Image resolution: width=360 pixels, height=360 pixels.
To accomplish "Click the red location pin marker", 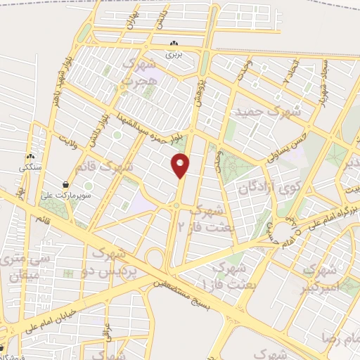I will (181, 165).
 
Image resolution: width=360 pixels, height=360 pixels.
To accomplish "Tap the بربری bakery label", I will (173, 53).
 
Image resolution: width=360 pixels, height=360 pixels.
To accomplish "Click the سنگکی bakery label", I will (30, 169).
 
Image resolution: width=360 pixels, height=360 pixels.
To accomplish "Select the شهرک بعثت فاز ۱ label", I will (221, 276).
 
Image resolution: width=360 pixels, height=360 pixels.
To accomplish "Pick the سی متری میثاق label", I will (19, 267).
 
